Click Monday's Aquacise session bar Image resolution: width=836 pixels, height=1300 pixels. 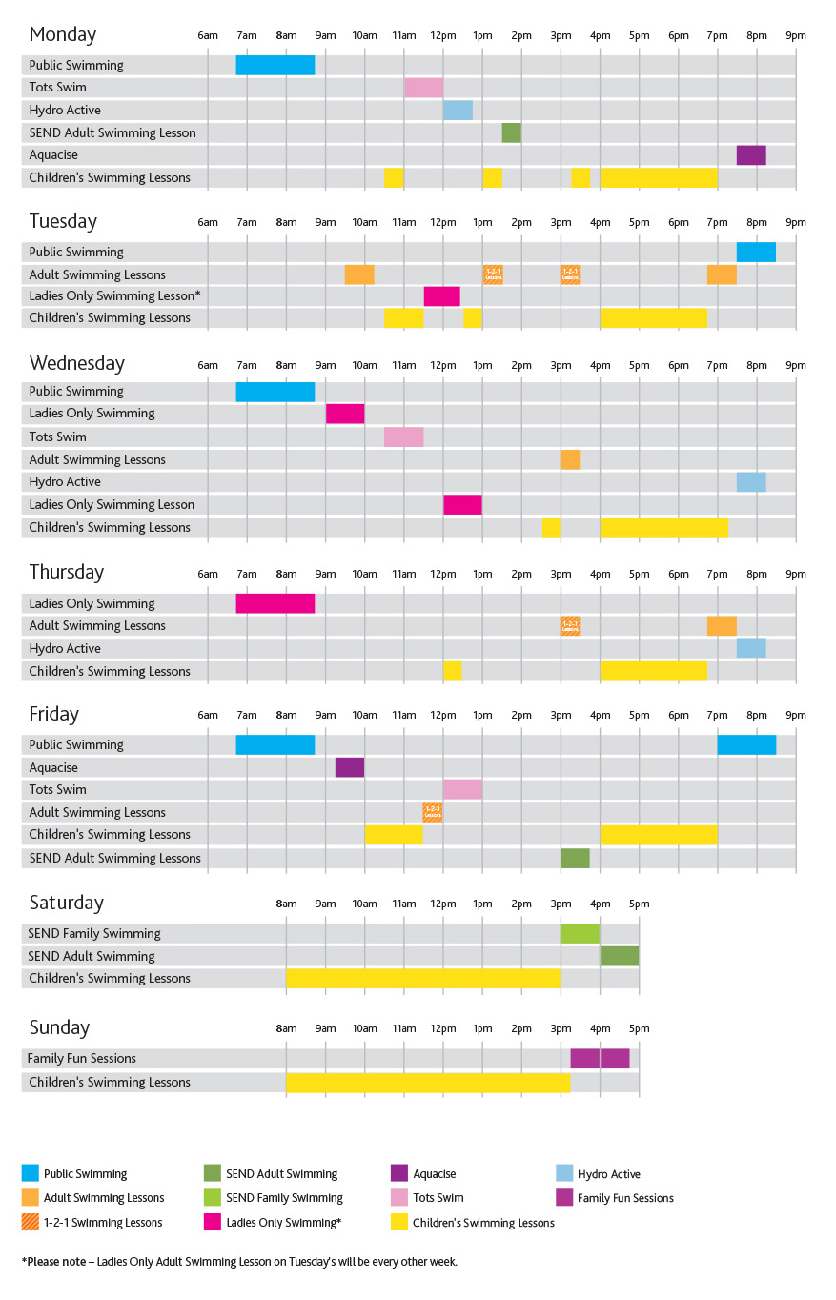(x=751, y=155)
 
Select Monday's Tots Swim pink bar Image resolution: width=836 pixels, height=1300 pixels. (x=423, y=88)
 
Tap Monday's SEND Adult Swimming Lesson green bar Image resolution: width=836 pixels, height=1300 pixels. (x=511, y=132)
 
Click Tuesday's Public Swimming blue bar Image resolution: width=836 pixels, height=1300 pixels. (x=756, y=253)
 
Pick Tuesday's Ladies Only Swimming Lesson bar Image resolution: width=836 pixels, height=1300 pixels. (x=442, y=296)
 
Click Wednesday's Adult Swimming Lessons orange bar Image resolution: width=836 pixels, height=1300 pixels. (x=570, y=459)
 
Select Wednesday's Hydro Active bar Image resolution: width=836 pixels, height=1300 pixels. (x=751, y=482)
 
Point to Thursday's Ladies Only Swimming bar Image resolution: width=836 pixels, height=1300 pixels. (x=275, y=603)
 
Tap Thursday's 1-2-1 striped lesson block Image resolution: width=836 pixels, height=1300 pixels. (x=570, y=626)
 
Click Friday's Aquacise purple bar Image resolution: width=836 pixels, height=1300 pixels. (x=350, y=767)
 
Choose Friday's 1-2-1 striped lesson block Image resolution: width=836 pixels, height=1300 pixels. (x=433, y=812)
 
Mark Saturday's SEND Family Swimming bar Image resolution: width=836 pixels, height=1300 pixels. (x=580, y=934)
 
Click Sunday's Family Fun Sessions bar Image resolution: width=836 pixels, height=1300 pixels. (x=600, y=1059)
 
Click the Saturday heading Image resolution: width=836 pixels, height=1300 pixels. (x=66, y=903)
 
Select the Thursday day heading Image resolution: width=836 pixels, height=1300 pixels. (x=66, y=572)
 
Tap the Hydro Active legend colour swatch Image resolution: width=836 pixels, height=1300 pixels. (x=564, y=1174)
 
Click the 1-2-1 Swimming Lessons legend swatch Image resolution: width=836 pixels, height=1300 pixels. (x=31, y=1223)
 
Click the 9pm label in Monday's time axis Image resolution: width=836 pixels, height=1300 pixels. (x=796, y=36)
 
